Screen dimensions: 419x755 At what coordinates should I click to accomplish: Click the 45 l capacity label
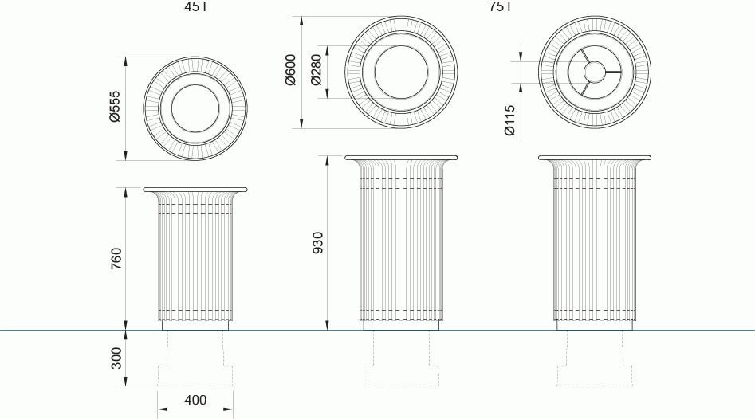click(195, 7)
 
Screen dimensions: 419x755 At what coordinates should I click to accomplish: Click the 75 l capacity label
click(499, 7)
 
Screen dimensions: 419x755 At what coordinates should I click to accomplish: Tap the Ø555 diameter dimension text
click(115, 107)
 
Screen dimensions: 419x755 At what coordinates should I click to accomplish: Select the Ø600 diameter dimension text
click(291, 70)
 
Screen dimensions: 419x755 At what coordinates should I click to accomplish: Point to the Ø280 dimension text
click(316, 70)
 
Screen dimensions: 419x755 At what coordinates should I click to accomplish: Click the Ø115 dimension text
click(510, 119)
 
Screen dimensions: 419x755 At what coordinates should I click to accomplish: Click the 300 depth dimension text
click(116, 358)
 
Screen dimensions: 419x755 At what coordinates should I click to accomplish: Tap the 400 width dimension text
click(195, 400)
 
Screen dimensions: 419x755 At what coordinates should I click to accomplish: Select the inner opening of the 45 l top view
click(195, 107)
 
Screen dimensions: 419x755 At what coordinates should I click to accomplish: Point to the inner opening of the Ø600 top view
click(403, 72)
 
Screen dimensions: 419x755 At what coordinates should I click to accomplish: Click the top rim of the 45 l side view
click(195, 190)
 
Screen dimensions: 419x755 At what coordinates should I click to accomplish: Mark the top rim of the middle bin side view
click(402, 158)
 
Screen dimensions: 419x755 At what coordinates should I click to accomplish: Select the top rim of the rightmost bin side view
click(594, 158)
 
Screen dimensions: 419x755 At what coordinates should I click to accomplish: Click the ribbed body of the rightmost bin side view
click(594, 247)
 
